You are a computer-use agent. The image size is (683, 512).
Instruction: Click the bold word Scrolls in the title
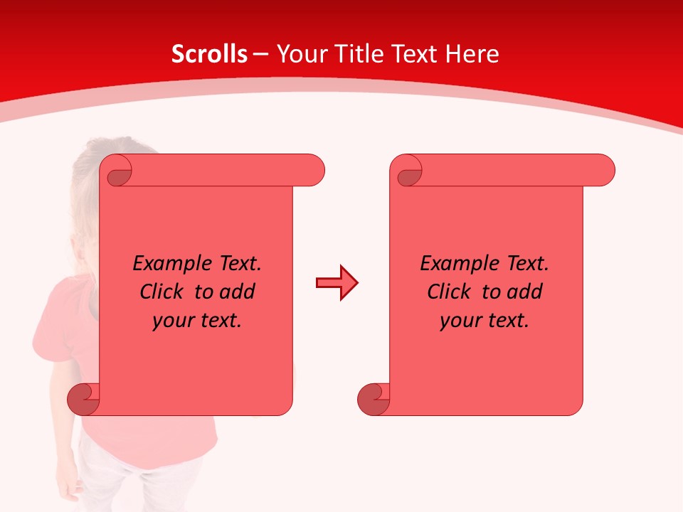click(x=209, y=54)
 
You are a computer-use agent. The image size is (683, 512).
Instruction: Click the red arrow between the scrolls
click(x=337, y=283)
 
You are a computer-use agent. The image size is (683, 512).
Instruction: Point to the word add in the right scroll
click(x=525, y=292)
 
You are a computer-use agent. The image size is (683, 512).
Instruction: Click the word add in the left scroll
click(x=238, y=292)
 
